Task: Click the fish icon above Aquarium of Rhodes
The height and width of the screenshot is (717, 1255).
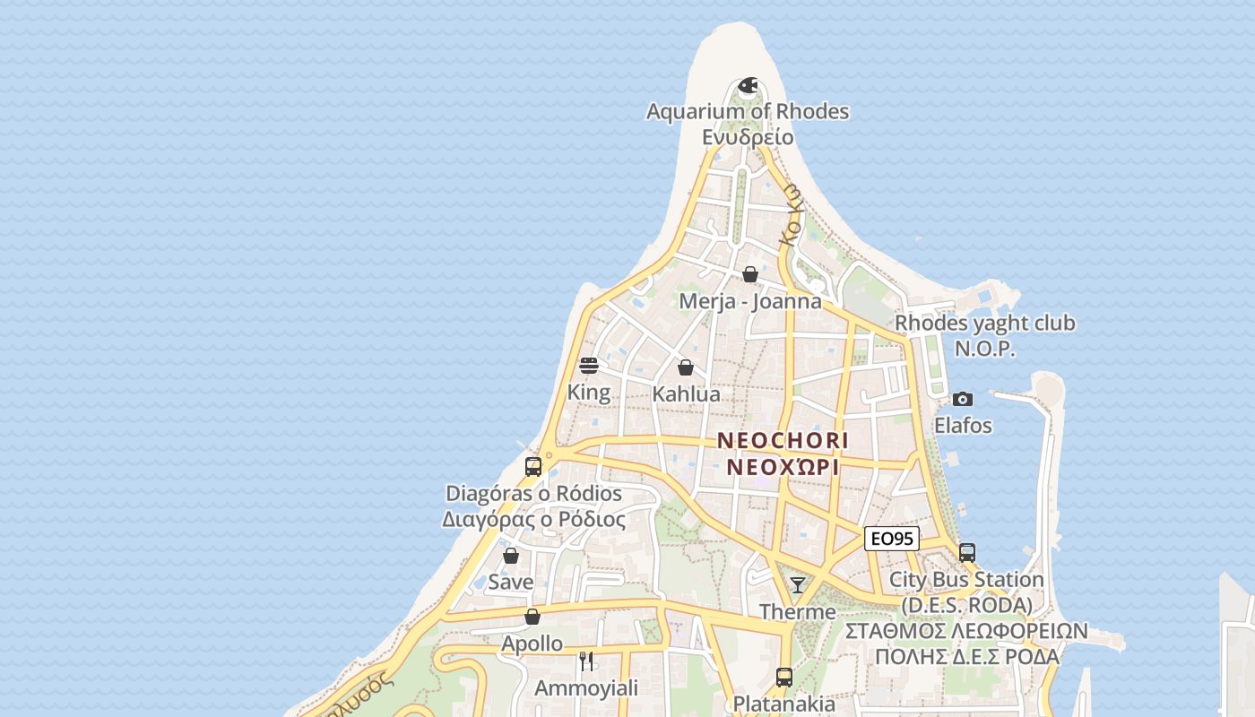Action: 748,86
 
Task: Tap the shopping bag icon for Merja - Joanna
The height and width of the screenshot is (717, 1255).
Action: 750,274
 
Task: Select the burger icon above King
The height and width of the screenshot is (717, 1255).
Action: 589,366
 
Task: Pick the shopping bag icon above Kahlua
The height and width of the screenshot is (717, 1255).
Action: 686,367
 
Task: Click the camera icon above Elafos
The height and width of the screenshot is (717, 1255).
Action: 963,399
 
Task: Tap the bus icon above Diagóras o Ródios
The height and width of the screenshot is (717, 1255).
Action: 533,467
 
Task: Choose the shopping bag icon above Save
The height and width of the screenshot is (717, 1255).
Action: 511,556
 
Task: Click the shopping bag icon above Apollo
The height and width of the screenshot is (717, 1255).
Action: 532,617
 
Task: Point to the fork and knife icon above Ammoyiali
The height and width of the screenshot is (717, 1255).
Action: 586,661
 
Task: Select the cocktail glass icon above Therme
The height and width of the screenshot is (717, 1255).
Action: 797,585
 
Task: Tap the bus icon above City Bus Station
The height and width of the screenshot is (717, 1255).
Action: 966,553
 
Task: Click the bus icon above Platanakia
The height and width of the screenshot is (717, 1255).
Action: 784,677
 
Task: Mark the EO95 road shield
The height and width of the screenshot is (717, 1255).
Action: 892,539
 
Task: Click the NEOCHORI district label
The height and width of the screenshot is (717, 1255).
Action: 783,441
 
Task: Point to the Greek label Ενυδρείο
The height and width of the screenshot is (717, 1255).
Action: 748,137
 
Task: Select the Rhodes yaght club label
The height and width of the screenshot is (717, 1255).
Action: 985,323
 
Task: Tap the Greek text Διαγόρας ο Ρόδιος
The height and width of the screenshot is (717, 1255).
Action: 533,519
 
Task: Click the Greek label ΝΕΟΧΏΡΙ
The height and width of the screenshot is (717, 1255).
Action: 783,467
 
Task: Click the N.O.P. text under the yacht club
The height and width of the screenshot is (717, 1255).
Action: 984,349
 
